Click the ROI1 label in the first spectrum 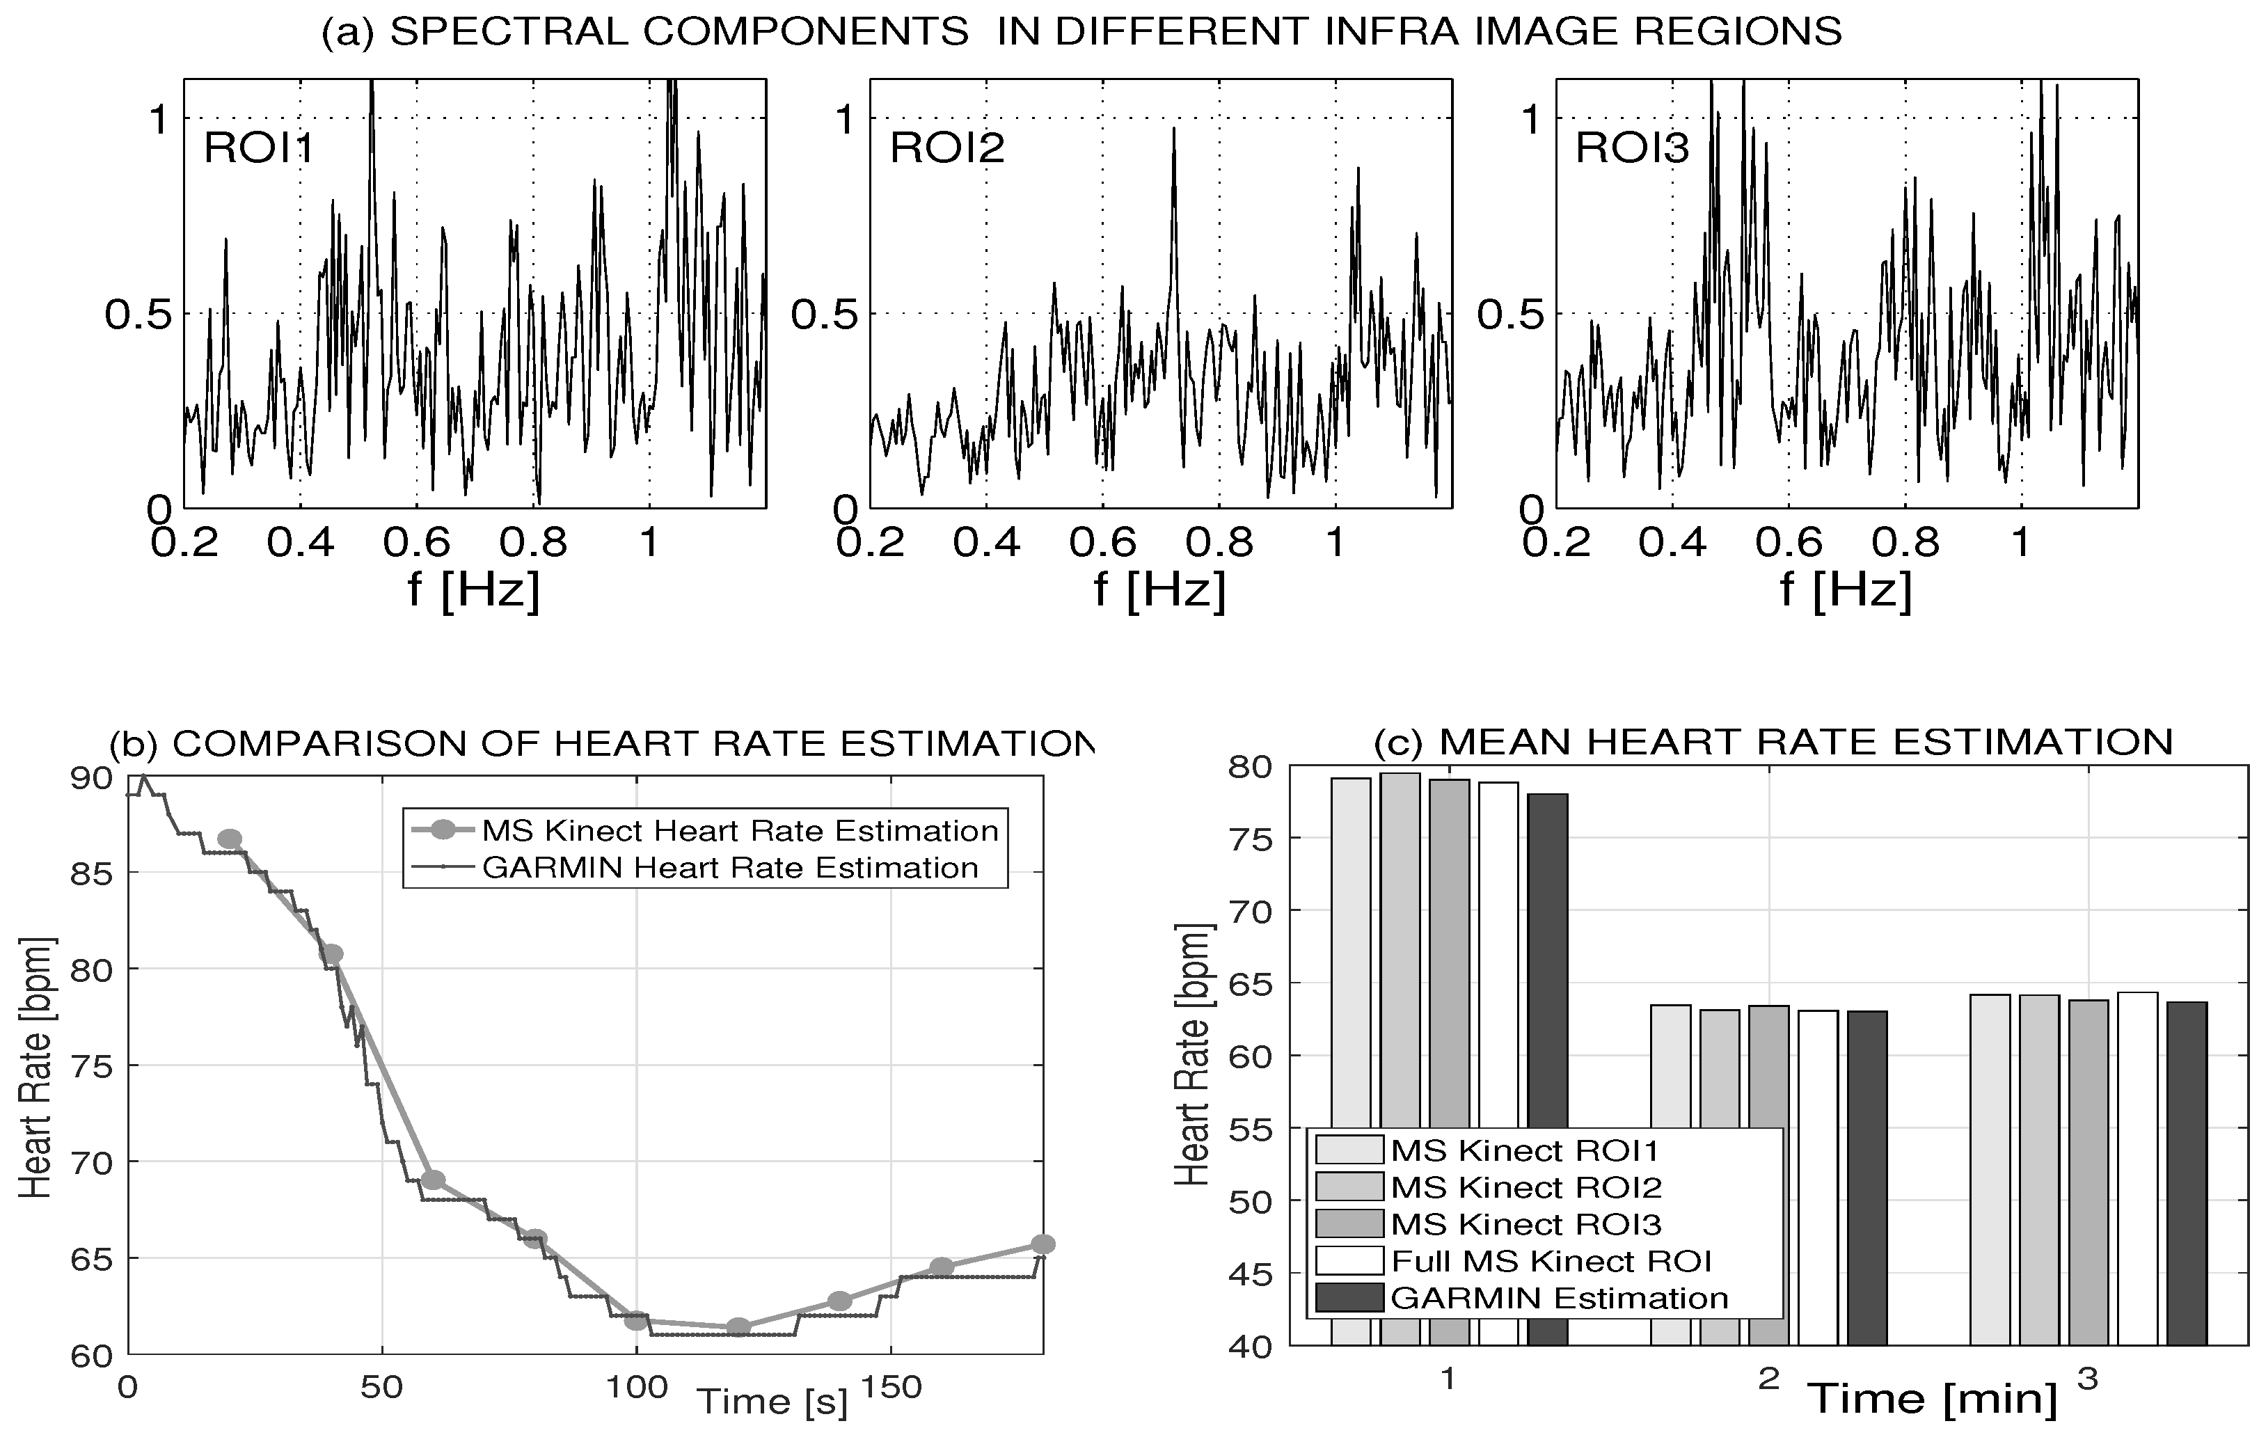259,148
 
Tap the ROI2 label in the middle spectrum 946,148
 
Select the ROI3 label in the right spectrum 1633,148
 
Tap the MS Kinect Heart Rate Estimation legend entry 739,831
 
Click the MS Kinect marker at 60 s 432,1180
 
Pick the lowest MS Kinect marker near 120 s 738,1327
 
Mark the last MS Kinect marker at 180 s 1043,1244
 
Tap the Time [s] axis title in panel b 771,1401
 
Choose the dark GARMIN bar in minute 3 2187,1173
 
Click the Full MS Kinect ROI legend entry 1551,1260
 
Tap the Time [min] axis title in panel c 1933,1398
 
